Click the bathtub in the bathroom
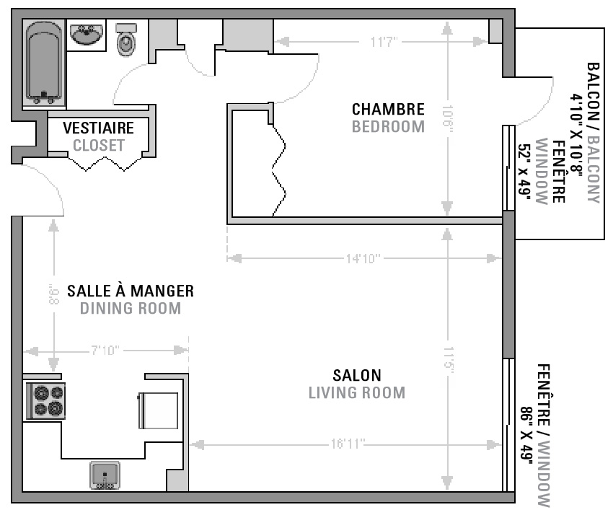[44, 63]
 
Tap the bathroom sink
[87, 34]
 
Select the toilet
[126, 40]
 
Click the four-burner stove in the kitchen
[45, 401]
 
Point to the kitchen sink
[105, 475]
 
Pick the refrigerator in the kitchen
[159, 410]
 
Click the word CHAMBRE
[388, 109]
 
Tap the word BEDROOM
[388, 127]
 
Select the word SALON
[357, 376]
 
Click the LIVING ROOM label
[357, 392]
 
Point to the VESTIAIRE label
[99, 128]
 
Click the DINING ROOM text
[131, 309]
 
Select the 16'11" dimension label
[348, 444]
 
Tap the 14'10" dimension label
[363, 258]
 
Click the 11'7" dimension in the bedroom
[384, 42]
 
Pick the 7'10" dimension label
[105, 350]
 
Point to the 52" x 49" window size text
[524, 172]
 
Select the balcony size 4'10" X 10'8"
[576, 133]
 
